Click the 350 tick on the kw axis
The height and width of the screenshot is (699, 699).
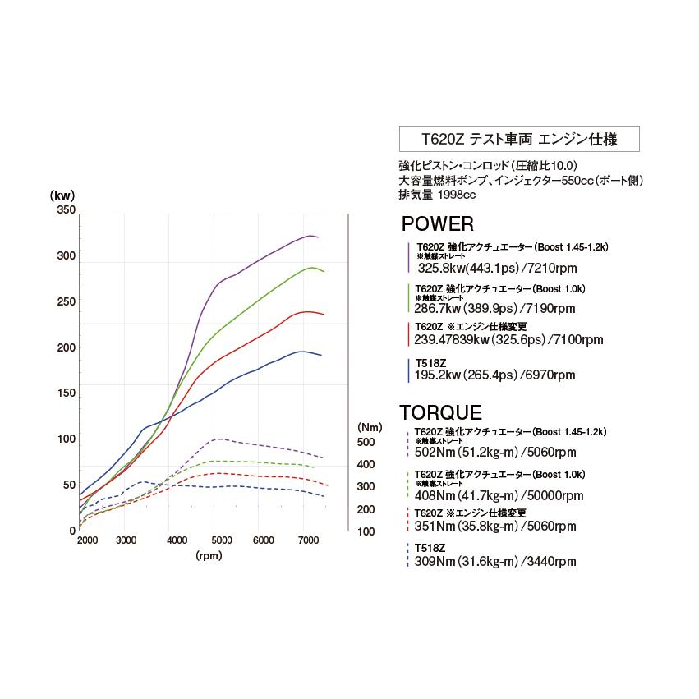point(65,210)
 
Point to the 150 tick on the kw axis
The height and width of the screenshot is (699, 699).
point(65,393)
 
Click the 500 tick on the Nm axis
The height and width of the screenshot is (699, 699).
point(366,442)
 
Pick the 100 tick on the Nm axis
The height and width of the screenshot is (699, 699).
point(366,531)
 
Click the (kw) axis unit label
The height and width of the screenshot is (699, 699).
point(62,195)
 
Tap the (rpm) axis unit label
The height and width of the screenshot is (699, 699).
point(209,556)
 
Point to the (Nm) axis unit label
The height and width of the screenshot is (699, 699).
point(366,427)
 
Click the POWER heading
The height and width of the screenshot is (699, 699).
point(437,224)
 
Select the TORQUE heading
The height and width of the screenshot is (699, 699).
point(440,412)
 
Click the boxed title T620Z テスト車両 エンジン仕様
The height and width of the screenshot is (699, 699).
point(518,139)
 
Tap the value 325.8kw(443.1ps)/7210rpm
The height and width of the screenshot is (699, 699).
point(499,268)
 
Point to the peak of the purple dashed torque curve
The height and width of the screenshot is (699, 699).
point(217,439)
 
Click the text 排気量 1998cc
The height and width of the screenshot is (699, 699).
point(437,195)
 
